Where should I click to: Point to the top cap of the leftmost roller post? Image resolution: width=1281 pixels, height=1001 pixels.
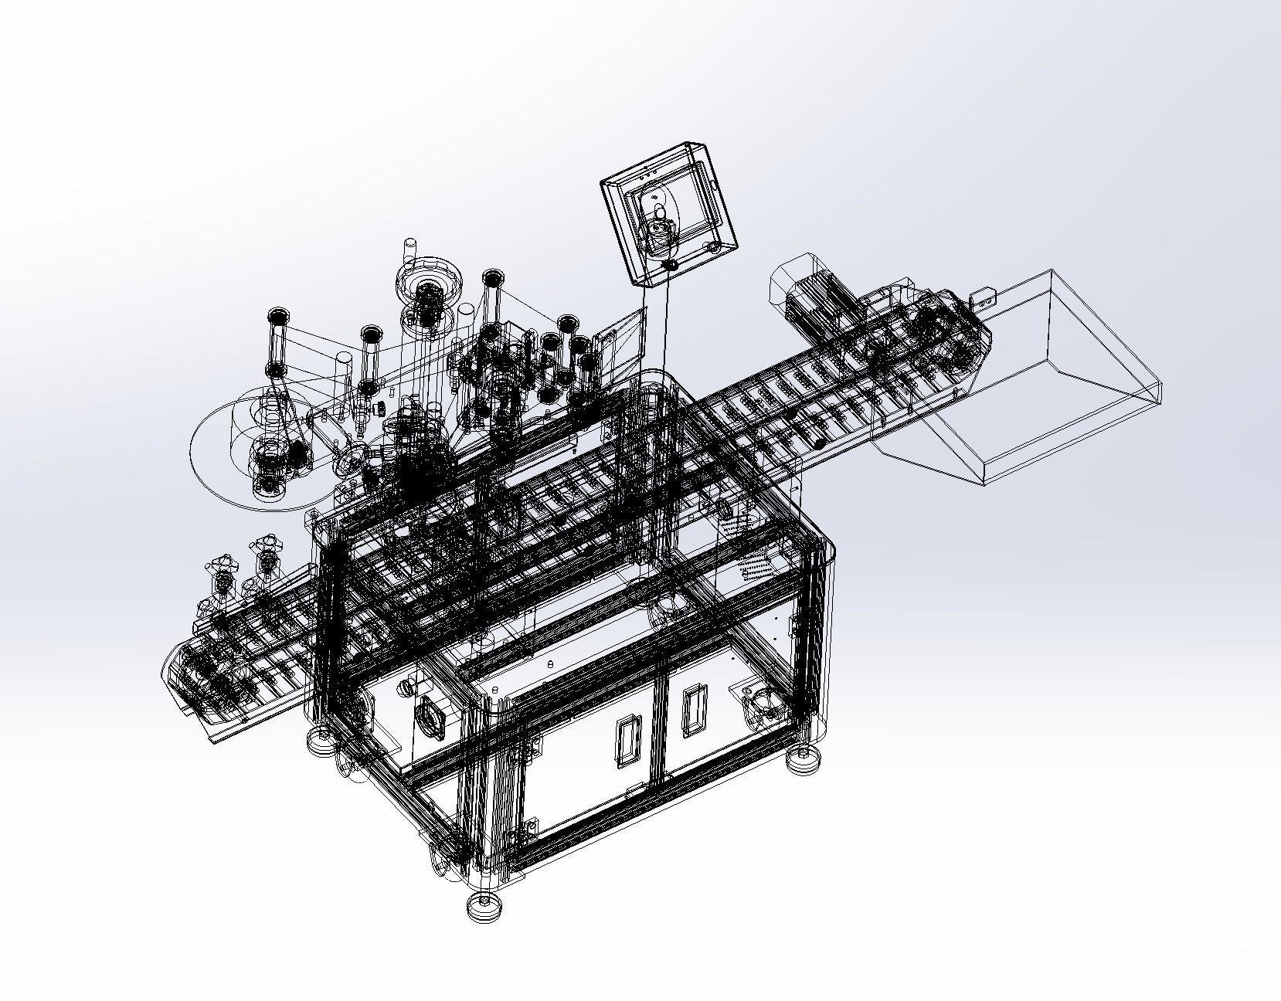click(x=278, y=316)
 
